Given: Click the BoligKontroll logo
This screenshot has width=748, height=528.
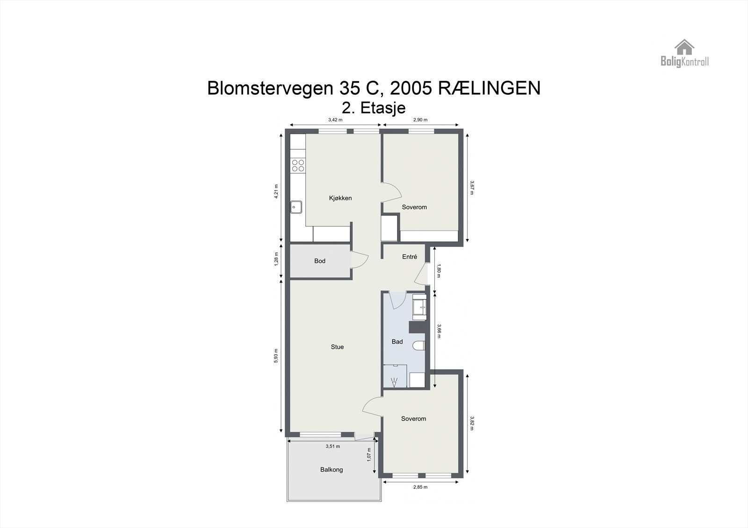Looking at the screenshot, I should pyautogui.click(x=684, y=53).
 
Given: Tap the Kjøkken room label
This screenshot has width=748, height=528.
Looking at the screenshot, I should pyautogui.click(x=340, y=198).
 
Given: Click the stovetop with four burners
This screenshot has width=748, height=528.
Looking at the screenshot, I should pyautogui.click(x=298, y=165).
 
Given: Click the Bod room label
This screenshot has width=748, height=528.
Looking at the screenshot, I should pyautogui.click(x=320, y=261).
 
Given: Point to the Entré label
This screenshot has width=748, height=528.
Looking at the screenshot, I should pyautogui.click(x=410, y=257).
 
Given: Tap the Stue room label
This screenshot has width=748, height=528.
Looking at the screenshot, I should pyautogui.click(x=337, y=347).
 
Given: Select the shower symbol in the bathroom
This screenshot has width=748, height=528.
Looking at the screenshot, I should pyautogui.click(x=394, y=382).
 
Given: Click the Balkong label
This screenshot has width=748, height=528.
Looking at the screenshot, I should pyautogui.click(x=331, y=470).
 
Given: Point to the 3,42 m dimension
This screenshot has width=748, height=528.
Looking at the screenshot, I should pyautogui.click(x=335, y=120).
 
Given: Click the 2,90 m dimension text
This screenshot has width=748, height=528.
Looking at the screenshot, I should pyautogui.click(x=420, y=120).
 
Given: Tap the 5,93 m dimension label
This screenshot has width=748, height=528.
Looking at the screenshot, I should pyautogui.click(x=276, y=356).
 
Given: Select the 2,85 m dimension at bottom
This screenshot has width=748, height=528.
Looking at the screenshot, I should pyautogui.click(x=420, y=487).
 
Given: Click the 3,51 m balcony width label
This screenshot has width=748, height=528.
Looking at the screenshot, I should pyautogui.click(x=332, y=446).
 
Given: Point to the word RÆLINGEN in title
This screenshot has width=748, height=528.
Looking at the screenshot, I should pyautogui.click(x=489, y=88).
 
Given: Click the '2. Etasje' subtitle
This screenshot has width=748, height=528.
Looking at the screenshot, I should pyautogui.click(x=374, y=108).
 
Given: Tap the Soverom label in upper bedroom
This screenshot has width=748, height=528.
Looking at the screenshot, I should pyautogui.click(x=414, y=207).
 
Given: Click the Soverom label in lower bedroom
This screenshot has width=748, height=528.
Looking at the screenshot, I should pyautogui.click(x=413, y=419).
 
